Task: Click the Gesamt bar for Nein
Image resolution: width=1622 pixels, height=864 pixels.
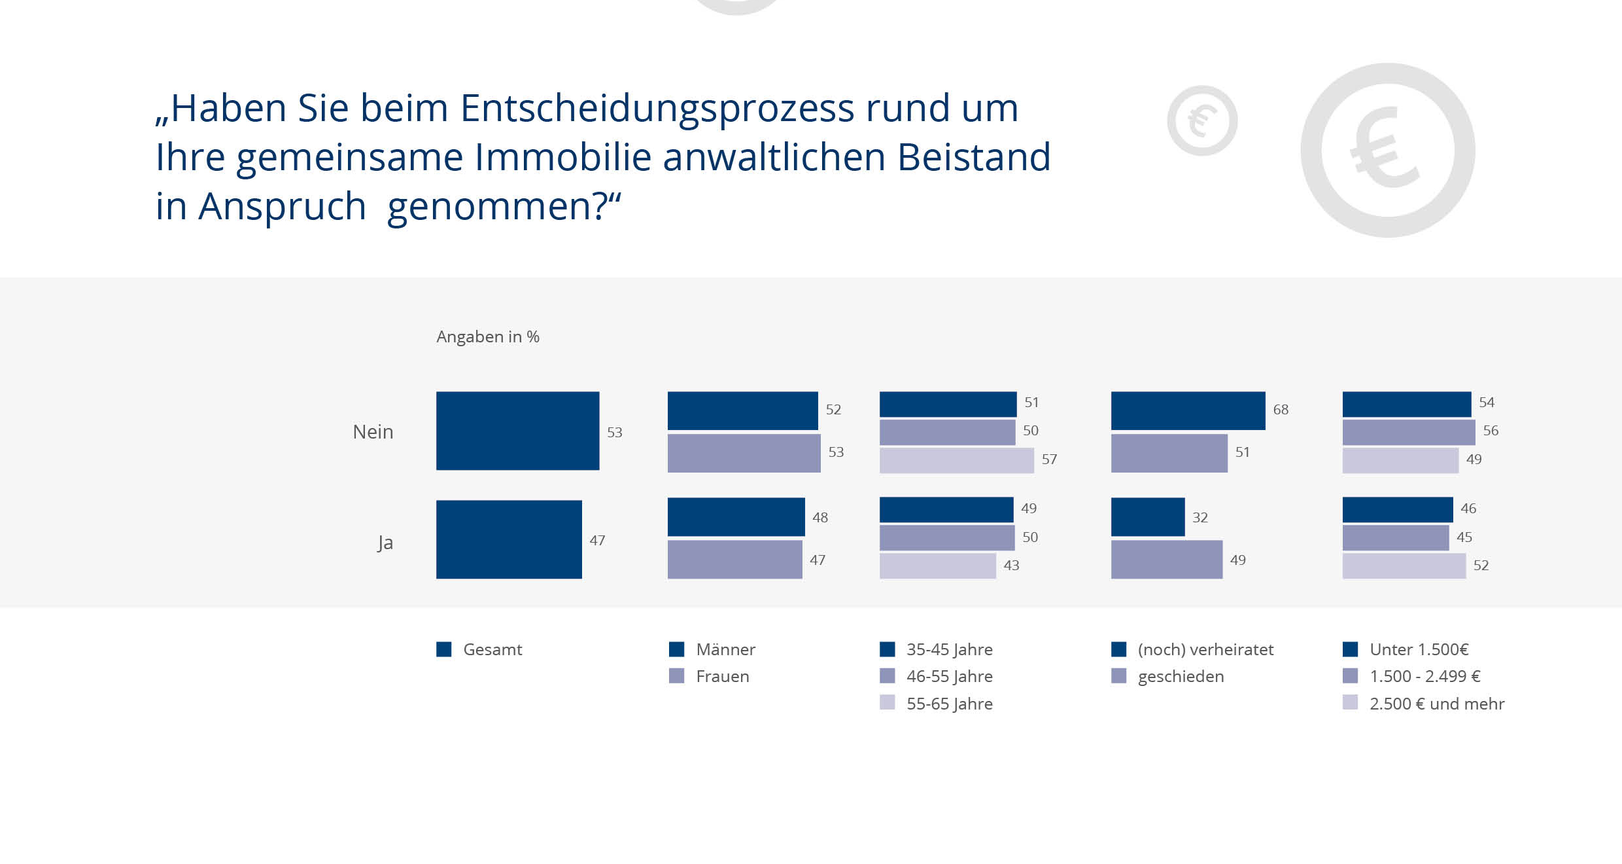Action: point(517,431)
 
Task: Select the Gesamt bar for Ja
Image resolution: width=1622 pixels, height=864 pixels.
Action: point(509,539)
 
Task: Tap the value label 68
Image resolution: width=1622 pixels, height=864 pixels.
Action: point(1281,410)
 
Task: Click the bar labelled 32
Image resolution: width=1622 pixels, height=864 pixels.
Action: point(1148,517)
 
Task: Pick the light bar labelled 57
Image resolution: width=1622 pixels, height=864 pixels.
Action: point(956,460)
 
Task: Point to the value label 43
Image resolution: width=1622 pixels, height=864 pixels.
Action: point(1011,566)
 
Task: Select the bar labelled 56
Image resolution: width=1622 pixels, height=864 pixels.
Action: point(1408,433)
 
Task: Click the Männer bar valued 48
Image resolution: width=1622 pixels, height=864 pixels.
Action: point(736,517)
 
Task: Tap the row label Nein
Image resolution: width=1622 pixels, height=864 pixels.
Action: point(373,432)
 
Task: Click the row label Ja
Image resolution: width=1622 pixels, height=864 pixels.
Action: point(385,543)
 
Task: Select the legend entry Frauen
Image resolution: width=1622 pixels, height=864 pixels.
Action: point(722,676)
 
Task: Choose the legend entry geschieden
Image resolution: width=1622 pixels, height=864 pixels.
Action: point(1181,676)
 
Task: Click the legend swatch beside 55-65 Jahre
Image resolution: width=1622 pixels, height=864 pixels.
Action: point(887,702)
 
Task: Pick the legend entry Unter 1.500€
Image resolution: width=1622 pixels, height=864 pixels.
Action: point(1419,649)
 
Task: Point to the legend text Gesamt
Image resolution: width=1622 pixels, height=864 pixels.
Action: point(492,649)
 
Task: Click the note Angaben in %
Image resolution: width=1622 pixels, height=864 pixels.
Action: point(488,336)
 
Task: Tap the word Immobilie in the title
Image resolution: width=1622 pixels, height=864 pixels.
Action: point(563,157)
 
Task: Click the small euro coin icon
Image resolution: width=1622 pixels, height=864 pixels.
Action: point(1202,121)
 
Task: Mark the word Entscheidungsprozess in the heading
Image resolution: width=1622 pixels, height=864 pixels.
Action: point(657,108)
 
